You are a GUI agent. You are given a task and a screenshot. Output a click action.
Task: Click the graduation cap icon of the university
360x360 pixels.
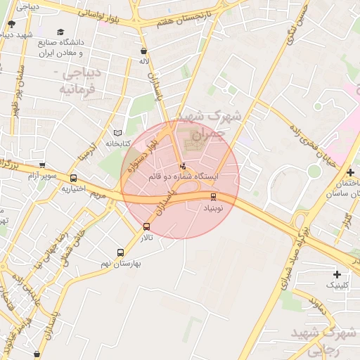[x=60, y=32]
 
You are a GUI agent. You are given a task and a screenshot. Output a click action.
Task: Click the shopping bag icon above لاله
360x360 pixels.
[x=144, y=51]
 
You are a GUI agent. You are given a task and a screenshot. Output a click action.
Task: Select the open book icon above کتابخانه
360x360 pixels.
[x=117, y=133]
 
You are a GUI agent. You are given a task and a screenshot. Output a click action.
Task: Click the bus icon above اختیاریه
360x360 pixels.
[x=73, y=178]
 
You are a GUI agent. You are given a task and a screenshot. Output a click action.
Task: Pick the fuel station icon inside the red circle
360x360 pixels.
[x=184, y=166]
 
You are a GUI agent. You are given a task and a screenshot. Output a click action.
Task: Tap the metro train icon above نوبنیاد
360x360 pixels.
[x=213, y=197]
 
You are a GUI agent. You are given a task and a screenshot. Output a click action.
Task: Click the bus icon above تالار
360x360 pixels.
[x=146, y=226]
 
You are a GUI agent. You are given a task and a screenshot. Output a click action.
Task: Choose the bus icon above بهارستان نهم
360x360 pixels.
[x=120, y=252]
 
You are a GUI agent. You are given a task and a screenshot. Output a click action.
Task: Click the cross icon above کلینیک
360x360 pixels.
[x=337, y=274]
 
